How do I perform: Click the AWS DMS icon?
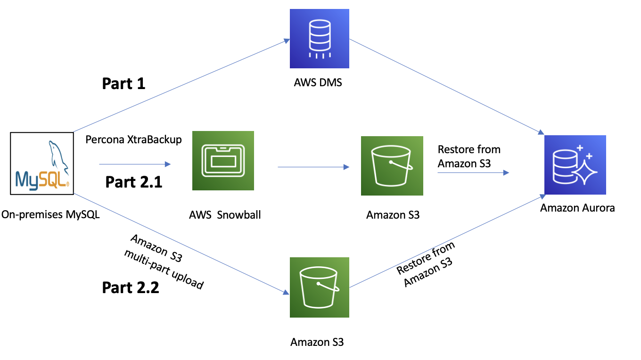[320, 39]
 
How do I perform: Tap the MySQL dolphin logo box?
[42, 164]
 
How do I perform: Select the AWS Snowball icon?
[223, 161]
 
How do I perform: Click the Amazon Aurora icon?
[575, 165]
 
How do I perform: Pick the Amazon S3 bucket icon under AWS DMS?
[320, 287]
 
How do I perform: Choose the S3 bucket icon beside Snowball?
[392, 166]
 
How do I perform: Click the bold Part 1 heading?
[123, 83]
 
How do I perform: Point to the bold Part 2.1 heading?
[134, 182]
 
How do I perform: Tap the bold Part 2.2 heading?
[131, 287]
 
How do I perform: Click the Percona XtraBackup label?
[134, 139]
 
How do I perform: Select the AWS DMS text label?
[318, 82]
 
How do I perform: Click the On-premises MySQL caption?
[50, 214]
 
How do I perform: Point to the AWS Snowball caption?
[225, 214]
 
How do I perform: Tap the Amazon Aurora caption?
[577, 208]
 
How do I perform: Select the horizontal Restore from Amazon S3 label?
[469, 156]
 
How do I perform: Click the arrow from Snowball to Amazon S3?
[313, 167]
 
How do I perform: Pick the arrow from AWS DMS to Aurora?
[447, 87]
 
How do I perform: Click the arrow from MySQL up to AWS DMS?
[182, 85]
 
